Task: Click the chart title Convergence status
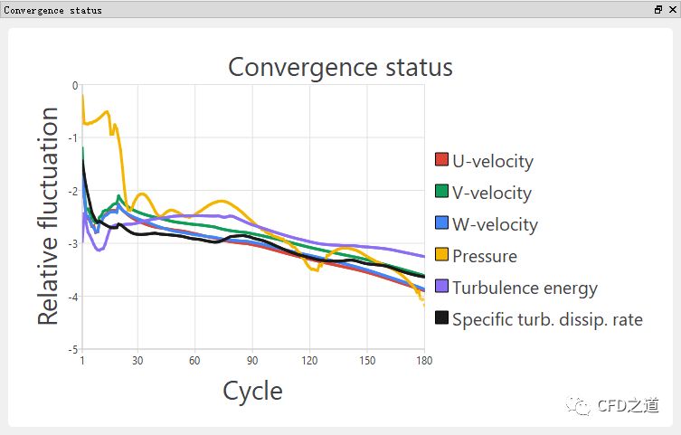340,67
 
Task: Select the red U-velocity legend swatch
442,160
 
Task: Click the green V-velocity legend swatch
442,192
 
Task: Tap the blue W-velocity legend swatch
442,223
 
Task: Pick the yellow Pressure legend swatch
442,255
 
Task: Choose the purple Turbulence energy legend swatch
442,287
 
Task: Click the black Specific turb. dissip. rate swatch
442,318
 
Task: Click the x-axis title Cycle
252,391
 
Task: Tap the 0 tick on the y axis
75,85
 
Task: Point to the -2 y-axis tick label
73,191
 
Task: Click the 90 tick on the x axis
252,361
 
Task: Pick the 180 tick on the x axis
423,361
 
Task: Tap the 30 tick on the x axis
137,361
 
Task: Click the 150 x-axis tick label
366,361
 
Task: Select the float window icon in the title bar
658,9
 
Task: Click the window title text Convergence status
53,10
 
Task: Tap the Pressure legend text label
485,256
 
